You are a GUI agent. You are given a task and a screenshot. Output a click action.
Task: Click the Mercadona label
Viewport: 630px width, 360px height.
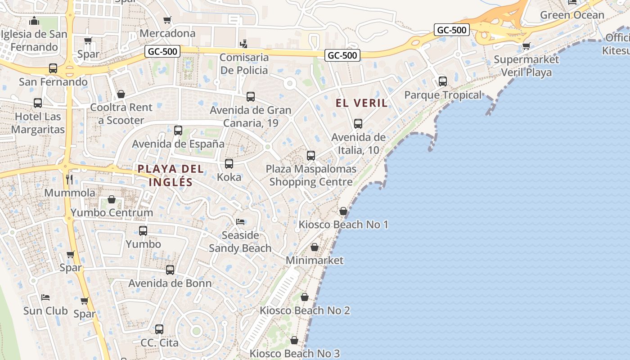167,33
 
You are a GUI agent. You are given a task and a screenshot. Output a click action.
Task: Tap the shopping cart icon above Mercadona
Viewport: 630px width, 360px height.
167,20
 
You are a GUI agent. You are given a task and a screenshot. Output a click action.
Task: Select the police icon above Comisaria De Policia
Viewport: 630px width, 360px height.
243,44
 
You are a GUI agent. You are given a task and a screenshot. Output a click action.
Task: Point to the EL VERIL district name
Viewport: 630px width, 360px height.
362,103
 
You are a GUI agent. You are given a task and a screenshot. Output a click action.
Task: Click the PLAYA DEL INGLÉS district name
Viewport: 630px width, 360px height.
171,175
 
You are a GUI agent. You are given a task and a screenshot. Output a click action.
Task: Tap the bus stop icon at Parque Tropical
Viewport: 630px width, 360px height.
443,81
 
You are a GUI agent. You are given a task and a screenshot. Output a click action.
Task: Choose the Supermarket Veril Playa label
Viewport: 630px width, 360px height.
526,66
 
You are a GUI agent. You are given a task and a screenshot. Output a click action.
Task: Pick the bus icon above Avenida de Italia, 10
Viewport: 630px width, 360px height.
358,124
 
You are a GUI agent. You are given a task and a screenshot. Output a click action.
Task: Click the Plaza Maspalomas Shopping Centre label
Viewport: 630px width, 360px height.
311,175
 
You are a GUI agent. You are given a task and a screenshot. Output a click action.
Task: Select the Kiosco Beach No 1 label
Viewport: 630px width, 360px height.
343,224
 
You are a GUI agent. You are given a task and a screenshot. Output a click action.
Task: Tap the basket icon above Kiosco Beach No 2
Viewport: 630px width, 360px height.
305,297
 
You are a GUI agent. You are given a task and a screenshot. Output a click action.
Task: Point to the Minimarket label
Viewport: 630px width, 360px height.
315,260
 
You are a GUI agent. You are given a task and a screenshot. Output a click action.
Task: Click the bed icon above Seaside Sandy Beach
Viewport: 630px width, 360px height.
240,222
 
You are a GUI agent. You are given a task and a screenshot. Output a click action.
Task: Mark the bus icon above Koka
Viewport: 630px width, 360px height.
229,164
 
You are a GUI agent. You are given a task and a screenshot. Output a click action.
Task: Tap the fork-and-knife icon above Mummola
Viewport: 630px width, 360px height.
69,180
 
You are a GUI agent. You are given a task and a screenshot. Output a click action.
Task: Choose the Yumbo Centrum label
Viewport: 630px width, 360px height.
112,212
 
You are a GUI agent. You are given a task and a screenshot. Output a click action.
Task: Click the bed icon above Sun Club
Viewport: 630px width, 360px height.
45,297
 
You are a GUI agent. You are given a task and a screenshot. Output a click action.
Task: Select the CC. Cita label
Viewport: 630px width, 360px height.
159,342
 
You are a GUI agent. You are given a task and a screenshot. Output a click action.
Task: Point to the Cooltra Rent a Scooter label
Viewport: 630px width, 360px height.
121,114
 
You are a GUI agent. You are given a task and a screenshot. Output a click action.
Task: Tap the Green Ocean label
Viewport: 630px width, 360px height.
572,15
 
